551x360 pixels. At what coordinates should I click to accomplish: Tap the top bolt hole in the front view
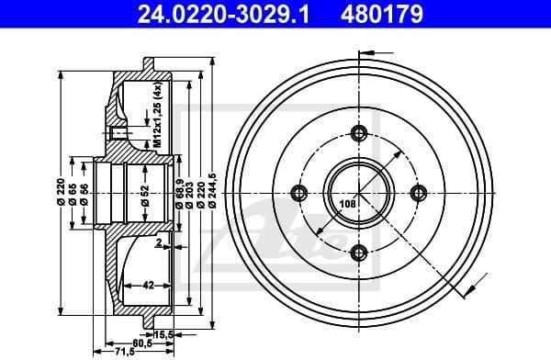359,134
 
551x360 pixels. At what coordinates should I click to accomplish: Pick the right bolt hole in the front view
419,192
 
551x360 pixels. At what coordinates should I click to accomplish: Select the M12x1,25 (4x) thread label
157,114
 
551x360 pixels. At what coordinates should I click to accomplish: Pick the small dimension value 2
157,244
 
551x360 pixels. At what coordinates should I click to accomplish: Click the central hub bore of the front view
359,193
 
